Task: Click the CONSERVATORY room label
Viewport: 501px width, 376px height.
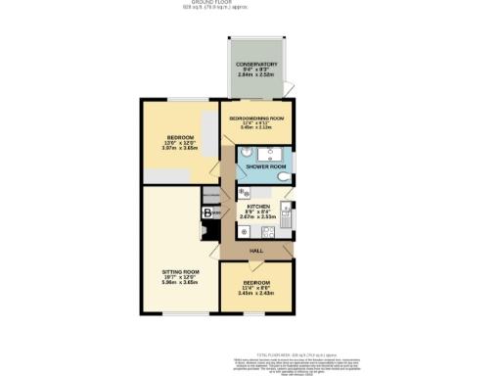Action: pyautogui.click(x=256, y=66)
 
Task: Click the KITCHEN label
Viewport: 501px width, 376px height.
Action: pyautogui.click(x=258, y=208)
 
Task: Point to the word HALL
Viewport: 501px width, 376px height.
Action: pyautogui.click(x=256, y=251)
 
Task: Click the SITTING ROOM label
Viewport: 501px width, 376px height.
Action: pyautogui.click(x=180, y=271)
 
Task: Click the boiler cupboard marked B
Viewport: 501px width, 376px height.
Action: pyautogui.click(x=207, y=213)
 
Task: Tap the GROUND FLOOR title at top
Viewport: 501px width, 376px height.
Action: pyautogui.click(x=250, y=3)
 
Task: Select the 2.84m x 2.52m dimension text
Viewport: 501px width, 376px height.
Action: pyautogui.click(x=256, y=76)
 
